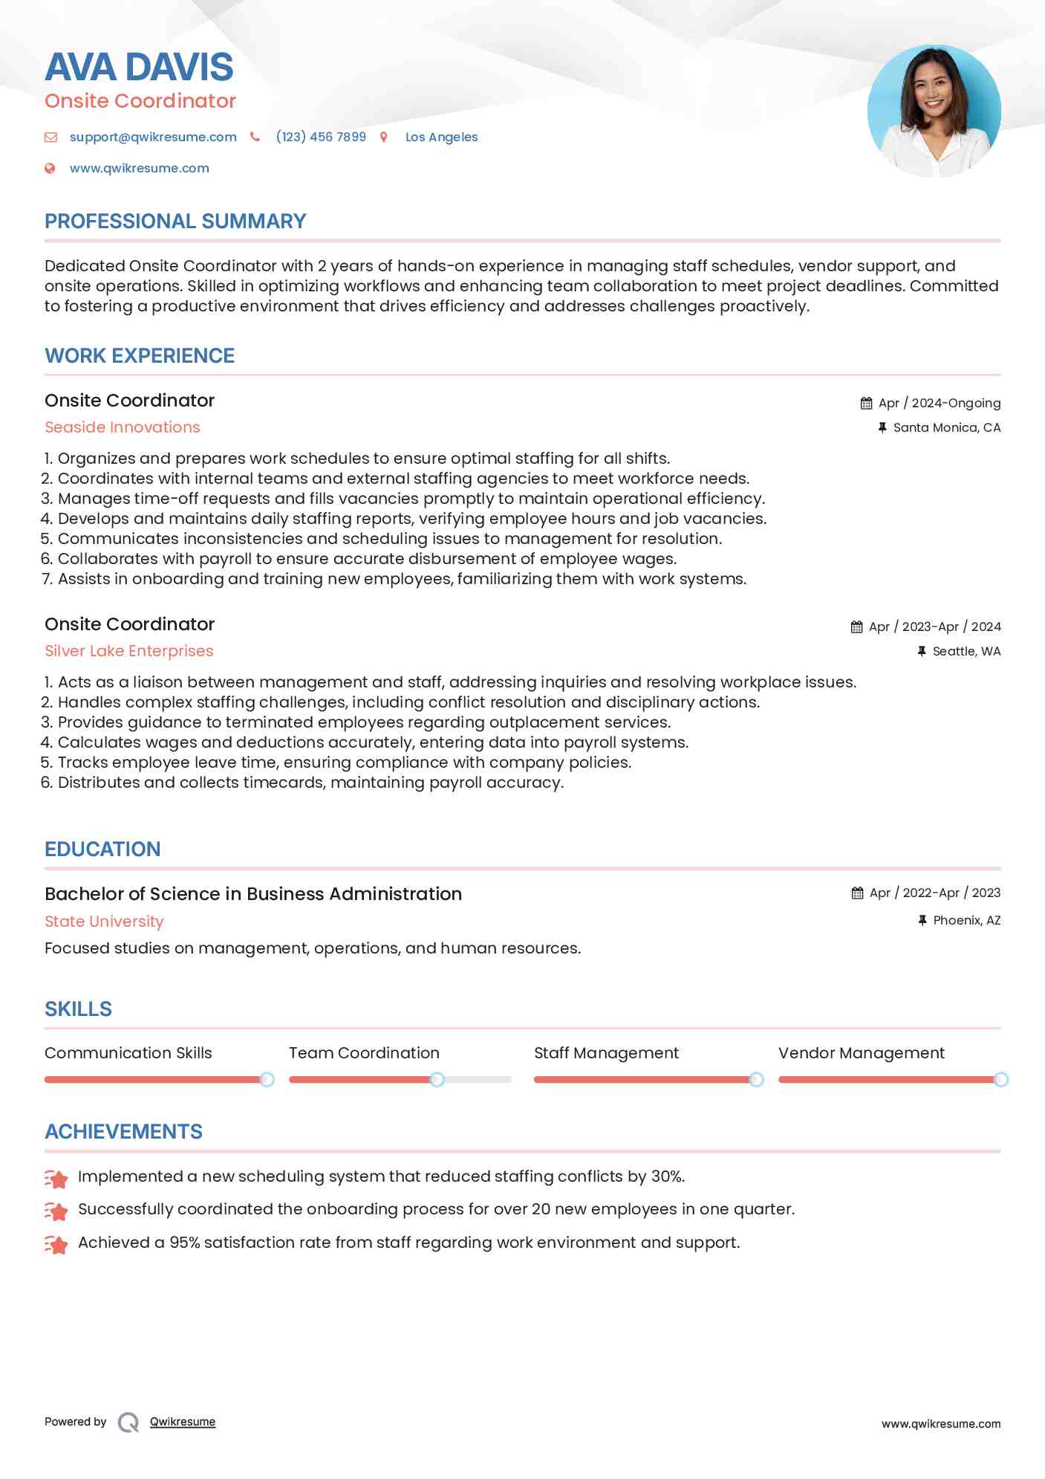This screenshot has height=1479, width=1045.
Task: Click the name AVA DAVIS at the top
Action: click(x=139, y=67)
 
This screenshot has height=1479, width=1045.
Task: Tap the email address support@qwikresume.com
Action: click(x=153, y=137)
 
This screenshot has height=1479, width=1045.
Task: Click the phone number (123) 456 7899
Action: click(x=321, y=137)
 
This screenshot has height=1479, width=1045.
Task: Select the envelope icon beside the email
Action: click(x=51, y=137)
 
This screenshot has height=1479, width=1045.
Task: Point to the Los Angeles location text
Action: click(x=441, y=137)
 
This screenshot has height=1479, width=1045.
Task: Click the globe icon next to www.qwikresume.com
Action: click(x=50, y=169)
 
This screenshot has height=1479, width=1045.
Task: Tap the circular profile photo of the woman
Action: click(x=934, y=111)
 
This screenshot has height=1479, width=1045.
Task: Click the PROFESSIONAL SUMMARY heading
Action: click(x=175, y=221)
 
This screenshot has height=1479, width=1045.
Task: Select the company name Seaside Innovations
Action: click(x=123, y=427)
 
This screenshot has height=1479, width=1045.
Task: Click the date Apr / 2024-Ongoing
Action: click(x=939, y=403)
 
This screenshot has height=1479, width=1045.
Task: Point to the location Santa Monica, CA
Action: click(x=946, y=427)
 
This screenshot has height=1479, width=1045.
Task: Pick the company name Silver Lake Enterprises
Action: click(x=129, y=651)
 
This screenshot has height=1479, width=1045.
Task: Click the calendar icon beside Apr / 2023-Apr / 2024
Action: click(x=856, y=627)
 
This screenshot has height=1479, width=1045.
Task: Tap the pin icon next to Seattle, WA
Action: click(x=922, y=651)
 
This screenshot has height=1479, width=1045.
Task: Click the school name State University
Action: click(x=104, y=922)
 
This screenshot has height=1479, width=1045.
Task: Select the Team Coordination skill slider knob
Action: click(x=437, y=1079)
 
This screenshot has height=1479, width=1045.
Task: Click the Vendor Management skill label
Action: click(x=861, y=1053)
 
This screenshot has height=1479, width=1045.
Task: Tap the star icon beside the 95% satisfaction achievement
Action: click(x=56, y=1243)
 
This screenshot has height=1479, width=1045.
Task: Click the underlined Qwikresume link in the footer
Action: click(x=183, y=1422)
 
